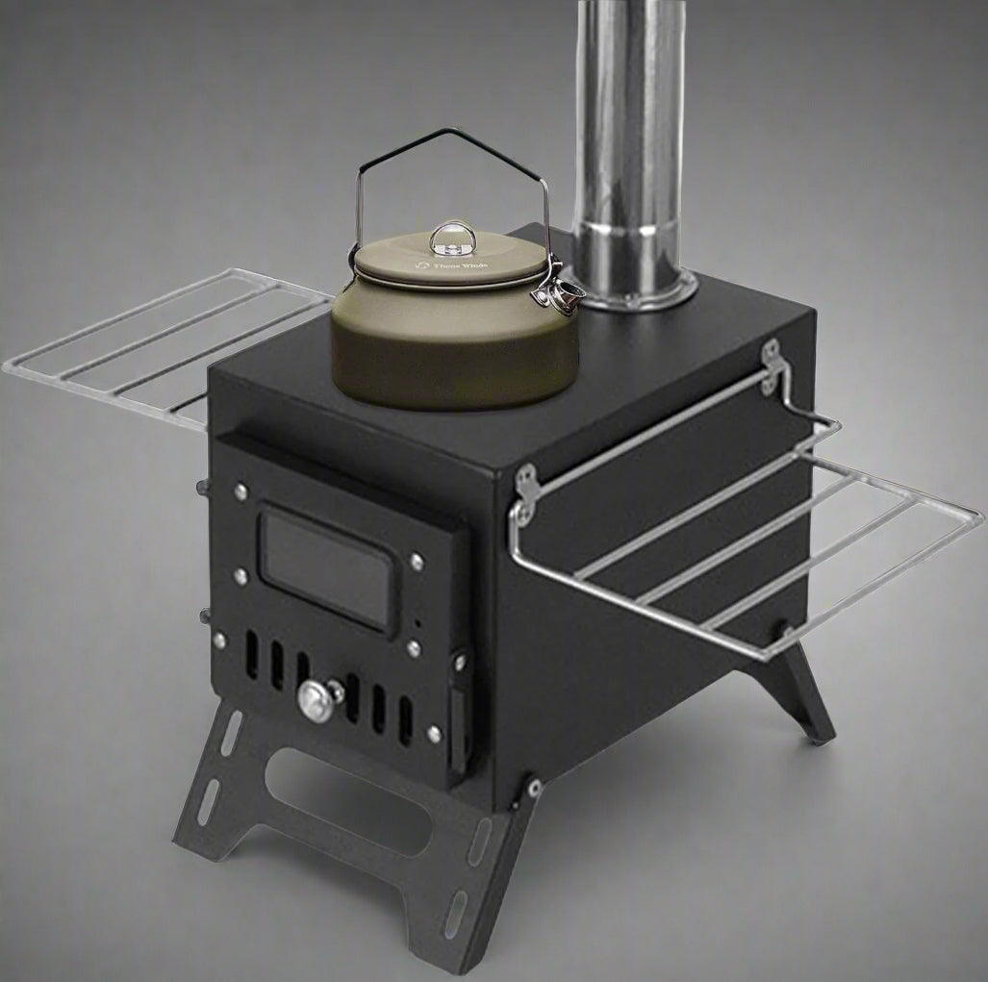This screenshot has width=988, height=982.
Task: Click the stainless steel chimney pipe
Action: (x=629, y=144)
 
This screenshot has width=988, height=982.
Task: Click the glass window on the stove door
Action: (x=327, y=567)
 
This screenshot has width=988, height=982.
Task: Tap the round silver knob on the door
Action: (x=317, y=700)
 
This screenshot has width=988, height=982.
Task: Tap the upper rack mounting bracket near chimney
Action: (x=770, y=365)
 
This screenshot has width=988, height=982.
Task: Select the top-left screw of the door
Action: (x=240, y=491)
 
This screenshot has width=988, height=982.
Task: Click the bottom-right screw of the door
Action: (x=434, y=735)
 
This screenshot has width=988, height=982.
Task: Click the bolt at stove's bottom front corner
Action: (x=532, y=788)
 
